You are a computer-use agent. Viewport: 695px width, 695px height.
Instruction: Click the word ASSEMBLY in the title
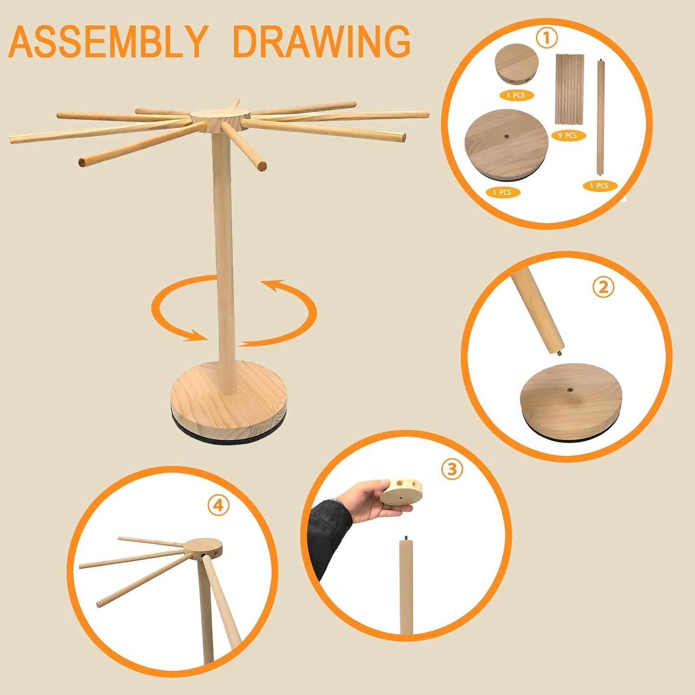(108, 42)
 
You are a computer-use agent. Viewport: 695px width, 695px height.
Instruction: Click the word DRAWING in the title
(321, 42)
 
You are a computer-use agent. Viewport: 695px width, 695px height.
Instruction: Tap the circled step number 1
(546, 38)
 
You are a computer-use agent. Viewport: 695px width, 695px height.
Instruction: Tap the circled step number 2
(603, 287)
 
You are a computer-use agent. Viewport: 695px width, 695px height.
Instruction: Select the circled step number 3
(452, 468)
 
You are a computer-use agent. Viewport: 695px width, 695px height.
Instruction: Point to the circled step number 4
(218, 505)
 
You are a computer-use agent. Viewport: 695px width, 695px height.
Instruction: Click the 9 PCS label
(568, 136)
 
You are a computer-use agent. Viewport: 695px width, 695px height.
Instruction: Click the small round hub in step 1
(516, 64)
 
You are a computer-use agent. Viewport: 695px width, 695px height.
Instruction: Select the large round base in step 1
(506, 144)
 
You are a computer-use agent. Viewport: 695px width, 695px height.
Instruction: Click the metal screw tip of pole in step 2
(559, 354)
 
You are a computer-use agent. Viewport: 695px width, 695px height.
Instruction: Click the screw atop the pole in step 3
(406, 537)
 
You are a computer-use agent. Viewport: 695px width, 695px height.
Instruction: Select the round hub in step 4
(204, 547)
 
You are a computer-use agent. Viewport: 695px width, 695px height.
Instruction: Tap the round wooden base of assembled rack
(229, 394)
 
